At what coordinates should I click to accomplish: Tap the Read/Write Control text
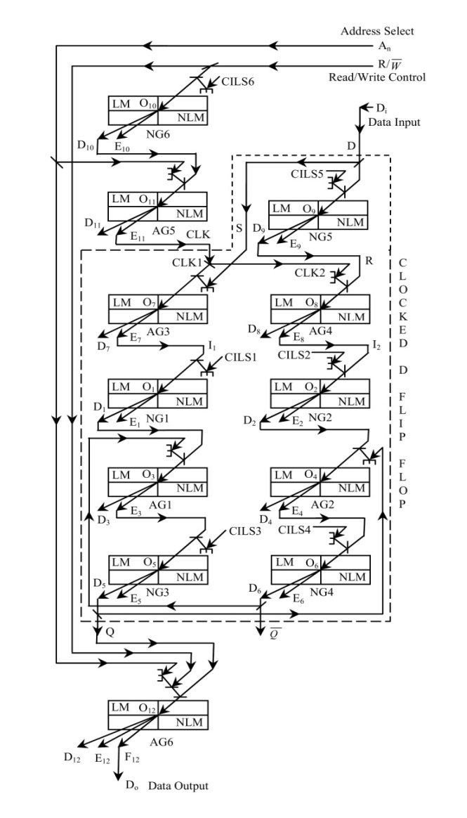coord(377,76)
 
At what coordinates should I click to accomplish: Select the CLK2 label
coord(309,273)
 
